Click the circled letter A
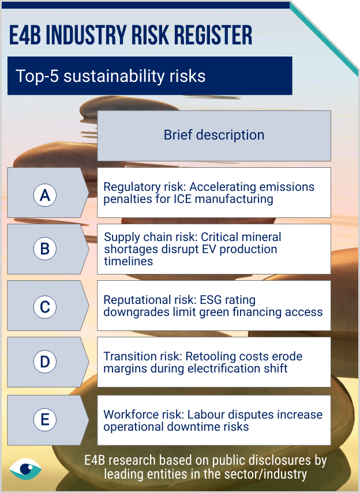(x=45, y=195)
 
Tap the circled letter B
(x=45, y=249)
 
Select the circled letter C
(x=45, y=307)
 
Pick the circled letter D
(x=45, y=362)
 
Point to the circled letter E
(x=45, y=419)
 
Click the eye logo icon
(x=25, y=469)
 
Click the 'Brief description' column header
(x=214, y=135)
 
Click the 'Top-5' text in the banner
(x=37, y=76)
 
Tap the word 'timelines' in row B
(x=129, y=261)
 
